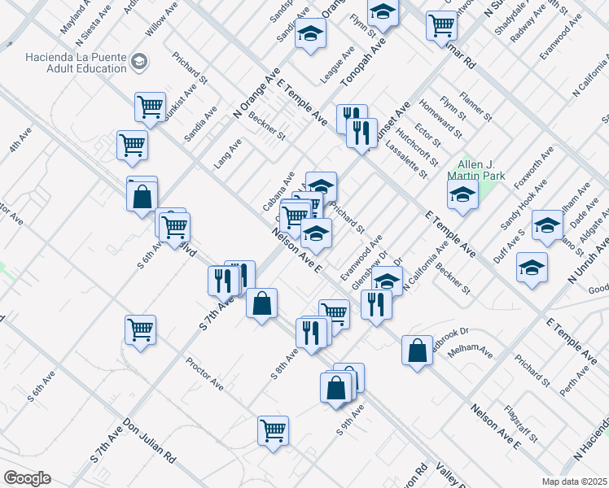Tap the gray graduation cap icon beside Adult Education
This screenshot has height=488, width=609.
pos(140,62)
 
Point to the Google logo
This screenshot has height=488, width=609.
pos(27,478)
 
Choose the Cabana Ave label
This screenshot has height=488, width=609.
pos(278,192)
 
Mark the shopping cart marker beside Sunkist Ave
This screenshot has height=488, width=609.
pos(150,106)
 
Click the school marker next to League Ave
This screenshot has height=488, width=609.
pos(310,34)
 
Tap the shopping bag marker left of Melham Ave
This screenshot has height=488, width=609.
pos(417,351)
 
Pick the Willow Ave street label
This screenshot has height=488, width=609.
pos(161,20)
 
